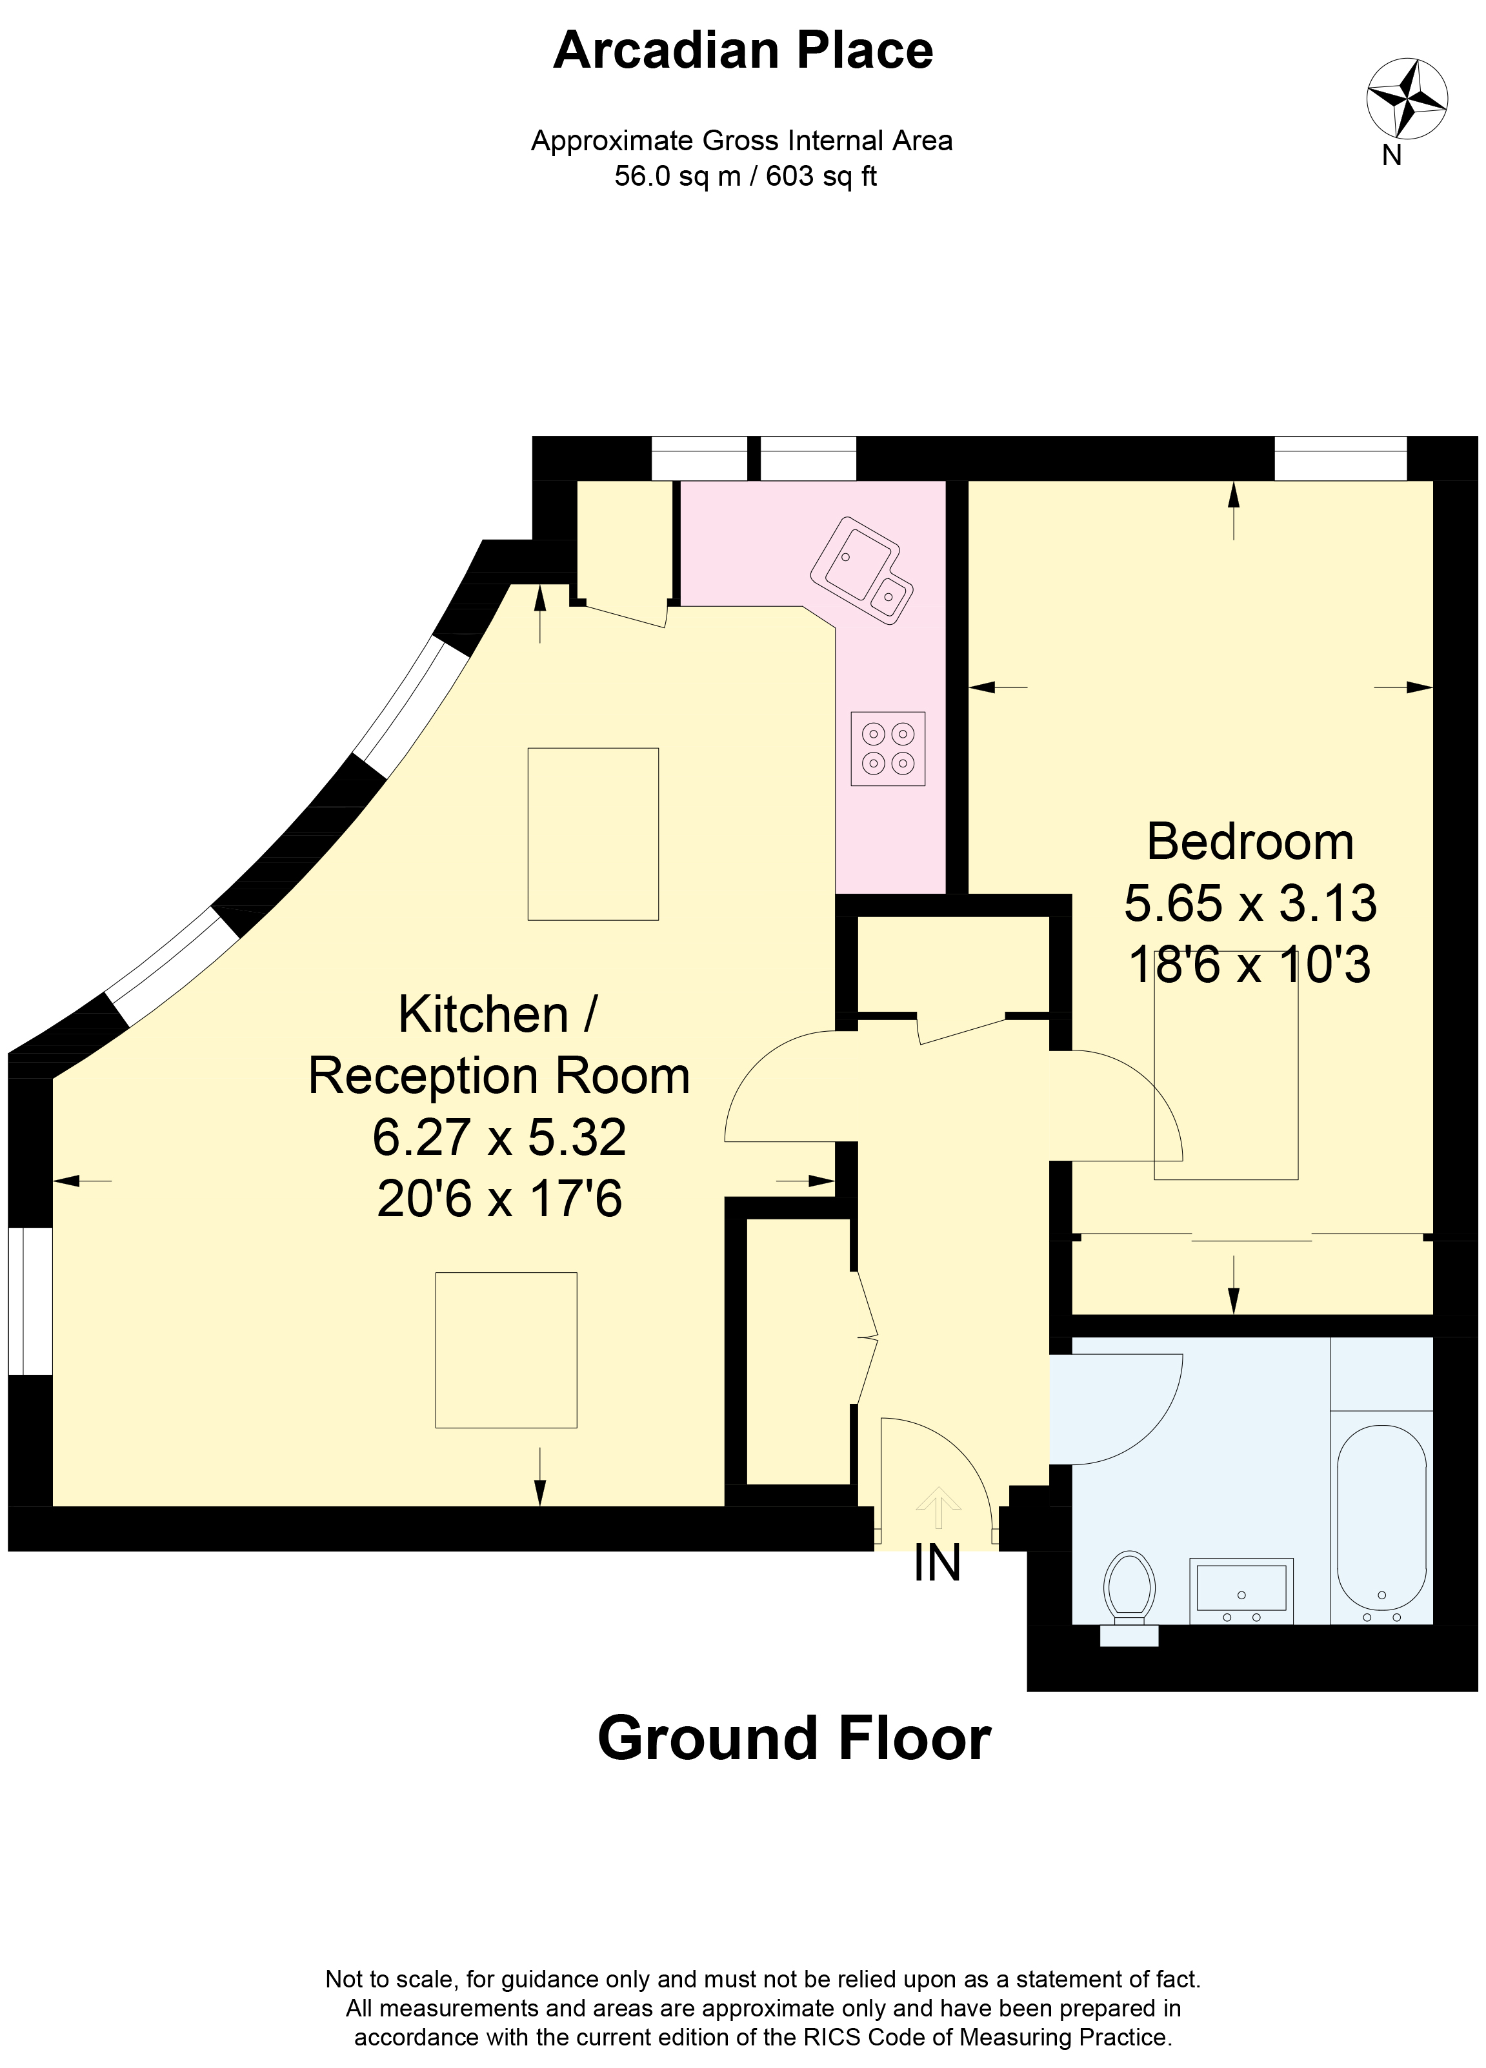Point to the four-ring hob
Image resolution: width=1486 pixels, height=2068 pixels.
pos(888,749)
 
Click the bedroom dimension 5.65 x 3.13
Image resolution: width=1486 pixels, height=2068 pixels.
pos(1250,903)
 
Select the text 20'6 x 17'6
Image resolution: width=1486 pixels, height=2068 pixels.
pos(499,1198)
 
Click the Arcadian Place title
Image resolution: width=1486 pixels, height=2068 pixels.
pos(743,50)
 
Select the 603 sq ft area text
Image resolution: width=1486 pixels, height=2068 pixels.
pos(821,176)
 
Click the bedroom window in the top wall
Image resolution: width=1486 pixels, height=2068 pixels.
pos(1340,458)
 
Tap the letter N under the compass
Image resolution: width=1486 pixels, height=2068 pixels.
pos(1391,156)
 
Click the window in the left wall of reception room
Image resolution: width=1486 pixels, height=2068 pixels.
pos(30,1300)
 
